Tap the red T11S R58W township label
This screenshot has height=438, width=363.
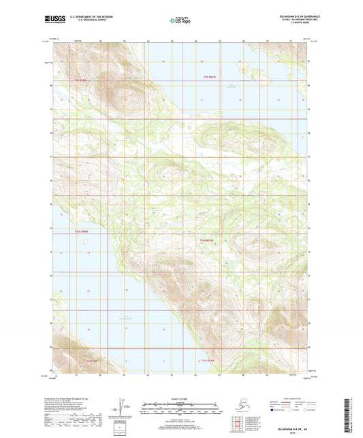coord(91,360)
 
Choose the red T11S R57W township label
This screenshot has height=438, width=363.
coord(208,360)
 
